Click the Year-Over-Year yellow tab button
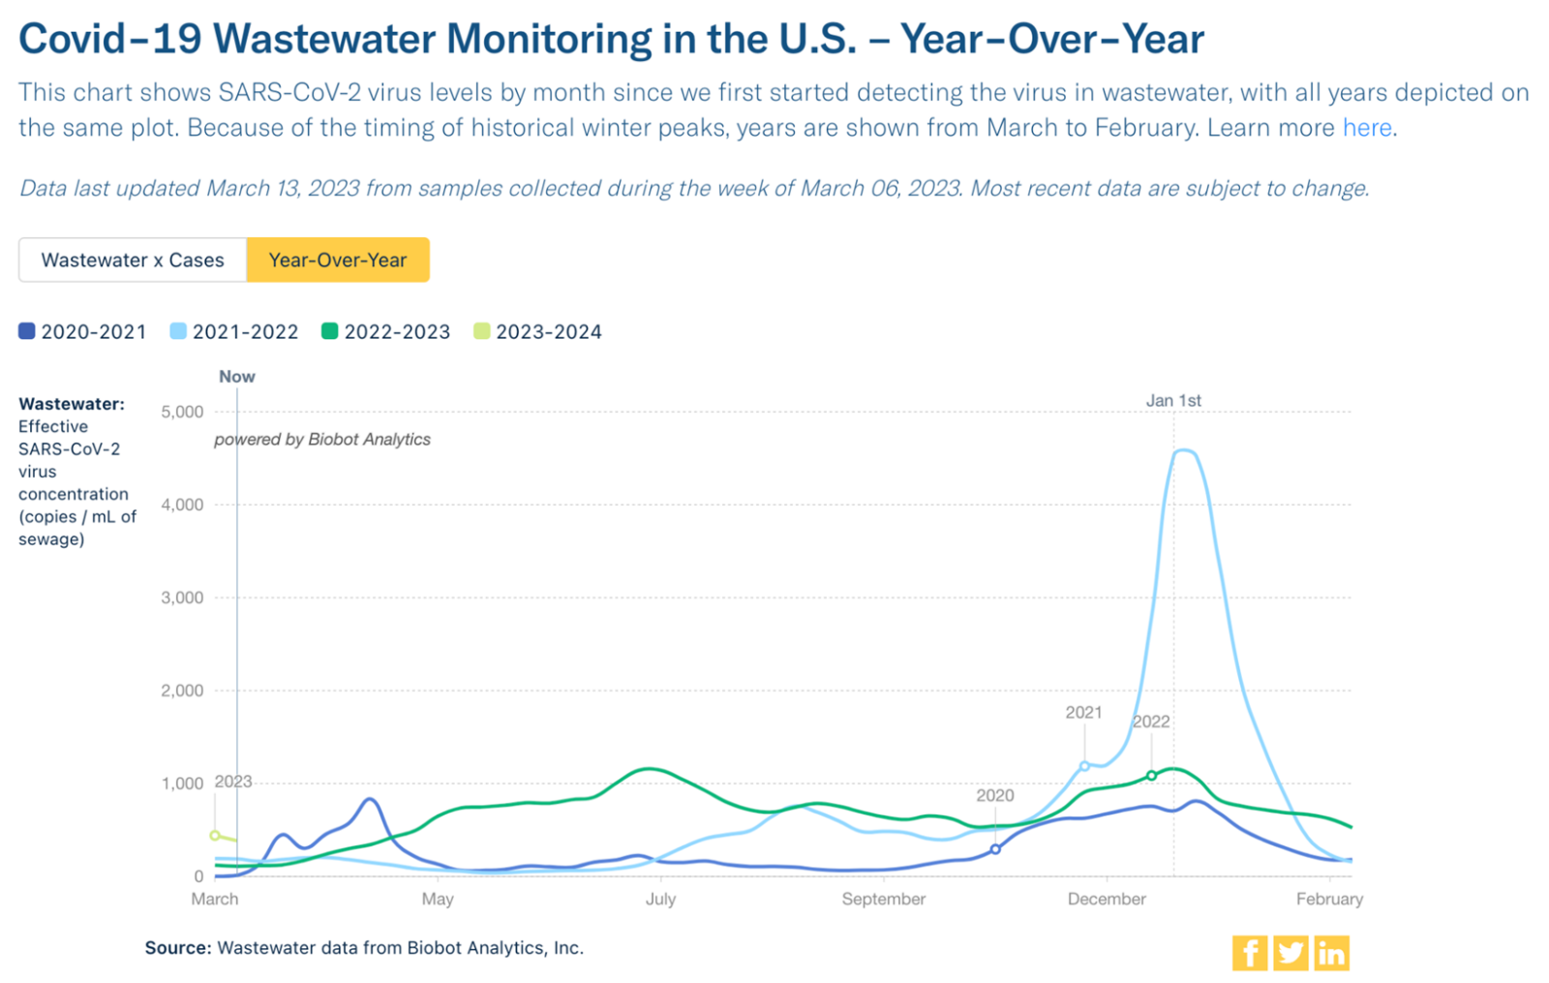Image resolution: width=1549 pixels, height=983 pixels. [337, 260]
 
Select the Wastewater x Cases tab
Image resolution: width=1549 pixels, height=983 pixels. [133, 260]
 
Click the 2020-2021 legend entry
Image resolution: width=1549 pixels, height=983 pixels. [83, 331]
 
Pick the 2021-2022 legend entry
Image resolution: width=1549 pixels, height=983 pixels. [234, 331]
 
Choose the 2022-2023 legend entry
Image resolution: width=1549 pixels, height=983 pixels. [386, 331]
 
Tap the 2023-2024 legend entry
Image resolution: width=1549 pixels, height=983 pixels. [538, 331]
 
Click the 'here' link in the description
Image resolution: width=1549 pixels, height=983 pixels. [1366, 128]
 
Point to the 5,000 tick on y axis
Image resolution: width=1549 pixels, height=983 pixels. [182, 412]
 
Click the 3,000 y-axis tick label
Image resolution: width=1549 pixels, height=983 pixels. [182, 598]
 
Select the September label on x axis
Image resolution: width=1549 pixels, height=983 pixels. [883, 899]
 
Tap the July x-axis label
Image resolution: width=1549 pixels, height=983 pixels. [660, 899]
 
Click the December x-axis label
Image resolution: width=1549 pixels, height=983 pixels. [1106, 899]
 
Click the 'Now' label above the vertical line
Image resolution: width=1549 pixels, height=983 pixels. [236, 377]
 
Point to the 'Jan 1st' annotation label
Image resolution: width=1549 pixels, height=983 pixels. [1173, 400]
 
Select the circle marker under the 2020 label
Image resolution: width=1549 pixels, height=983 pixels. [995, 849]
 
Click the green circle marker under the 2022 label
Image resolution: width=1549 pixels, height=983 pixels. [1151, 776]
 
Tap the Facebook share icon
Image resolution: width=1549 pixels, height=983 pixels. [1249, 953]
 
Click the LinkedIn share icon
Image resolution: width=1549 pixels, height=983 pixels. [1331, 953]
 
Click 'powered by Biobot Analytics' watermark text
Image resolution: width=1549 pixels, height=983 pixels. [322, 440]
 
